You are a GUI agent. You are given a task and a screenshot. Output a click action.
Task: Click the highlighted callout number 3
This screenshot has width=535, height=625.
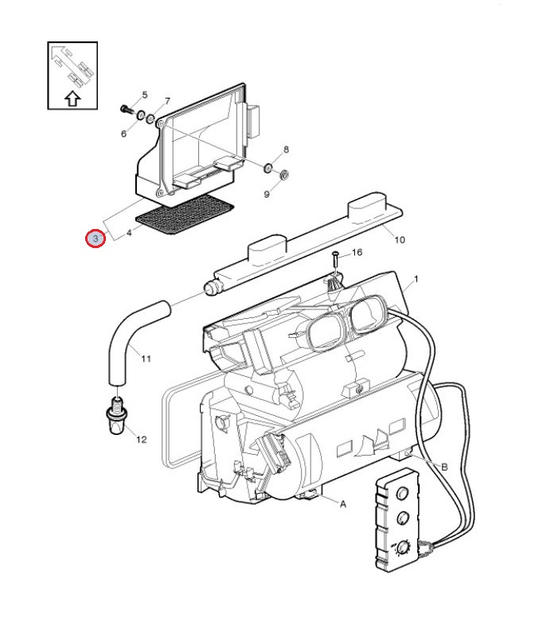tap(96, 239)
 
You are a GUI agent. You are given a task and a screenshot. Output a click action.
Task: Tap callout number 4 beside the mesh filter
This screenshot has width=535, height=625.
tap(129, 232)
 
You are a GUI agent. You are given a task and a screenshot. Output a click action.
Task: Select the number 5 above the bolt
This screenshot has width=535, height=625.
tap(144, 95)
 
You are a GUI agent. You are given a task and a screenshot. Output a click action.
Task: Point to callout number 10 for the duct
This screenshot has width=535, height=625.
tap(400, 239)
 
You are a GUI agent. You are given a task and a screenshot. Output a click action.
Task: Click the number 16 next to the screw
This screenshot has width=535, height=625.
tap(357, 252)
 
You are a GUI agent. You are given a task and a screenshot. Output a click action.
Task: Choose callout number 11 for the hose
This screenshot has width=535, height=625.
tap(146, 359)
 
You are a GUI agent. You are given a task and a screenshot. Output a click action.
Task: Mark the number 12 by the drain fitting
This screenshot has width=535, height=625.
tap(142, 439)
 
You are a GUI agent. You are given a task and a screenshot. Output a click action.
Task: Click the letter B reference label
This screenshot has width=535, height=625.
tap(444, 467)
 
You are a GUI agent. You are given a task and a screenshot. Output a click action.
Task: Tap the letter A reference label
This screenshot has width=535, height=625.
tap(342, 504)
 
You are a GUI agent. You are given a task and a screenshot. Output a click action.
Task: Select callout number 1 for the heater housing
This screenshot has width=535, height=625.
tap(416, 279)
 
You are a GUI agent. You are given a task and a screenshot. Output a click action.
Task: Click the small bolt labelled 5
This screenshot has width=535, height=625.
tap(126, 108)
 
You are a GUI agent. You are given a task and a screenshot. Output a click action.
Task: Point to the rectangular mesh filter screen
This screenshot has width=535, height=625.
tap(185, 215)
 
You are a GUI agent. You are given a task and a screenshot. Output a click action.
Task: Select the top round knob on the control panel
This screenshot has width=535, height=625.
tap(402, 494)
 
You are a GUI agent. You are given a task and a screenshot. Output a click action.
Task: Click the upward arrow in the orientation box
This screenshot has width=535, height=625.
tap(72, 99)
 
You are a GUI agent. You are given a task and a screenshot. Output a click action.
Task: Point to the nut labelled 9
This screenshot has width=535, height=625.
tap(284, 174)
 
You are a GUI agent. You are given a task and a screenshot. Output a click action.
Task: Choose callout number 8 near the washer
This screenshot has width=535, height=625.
tap(286, 149)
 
